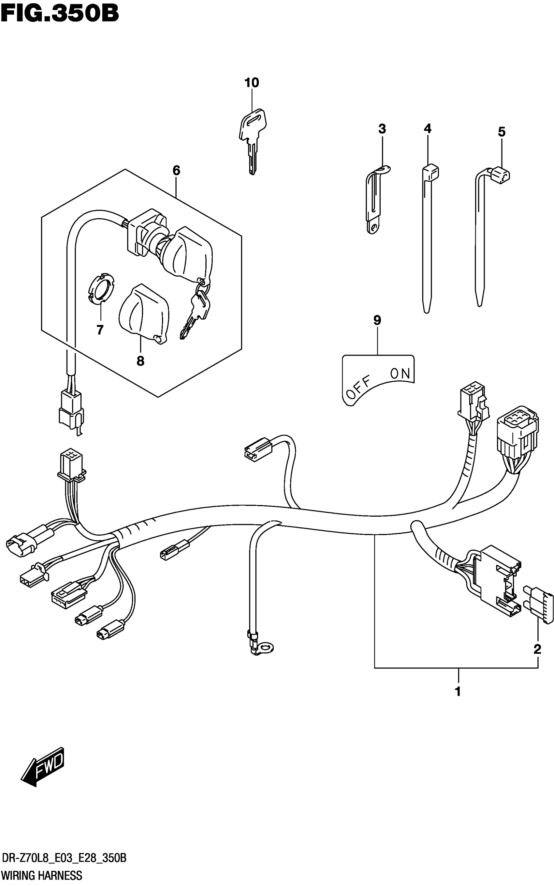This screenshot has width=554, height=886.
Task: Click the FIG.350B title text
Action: (60, 14)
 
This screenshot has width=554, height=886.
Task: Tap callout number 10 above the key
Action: (252, 83)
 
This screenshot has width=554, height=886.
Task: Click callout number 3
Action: (382, 129)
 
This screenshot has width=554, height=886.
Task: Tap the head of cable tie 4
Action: (431, 172)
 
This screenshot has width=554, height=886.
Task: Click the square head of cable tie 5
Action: (501, 174)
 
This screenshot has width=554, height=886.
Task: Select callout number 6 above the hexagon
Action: (176, 171)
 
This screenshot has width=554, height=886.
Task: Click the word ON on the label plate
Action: (400, 374)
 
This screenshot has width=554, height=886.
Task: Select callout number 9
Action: (377, 321)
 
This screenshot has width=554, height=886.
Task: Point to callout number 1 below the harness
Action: (458, 692)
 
